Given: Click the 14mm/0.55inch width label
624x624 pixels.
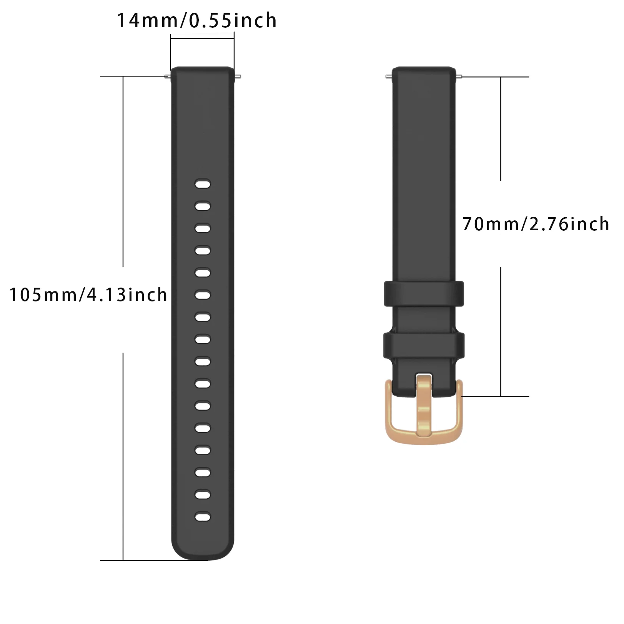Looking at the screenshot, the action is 196,21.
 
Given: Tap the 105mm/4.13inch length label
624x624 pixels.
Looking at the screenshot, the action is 88,295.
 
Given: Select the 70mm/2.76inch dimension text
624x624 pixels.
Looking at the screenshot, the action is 536,224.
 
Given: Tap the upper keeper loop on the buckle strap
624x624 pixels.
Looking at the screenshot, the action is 424,294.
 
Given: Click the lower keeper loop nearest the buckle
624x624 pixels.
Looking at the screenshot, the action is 424,345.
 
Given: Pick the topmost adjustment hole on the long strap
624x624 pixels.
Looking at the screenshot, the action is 203,184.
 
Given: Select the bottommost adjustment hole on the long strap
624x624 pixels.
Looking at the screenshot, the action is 203,517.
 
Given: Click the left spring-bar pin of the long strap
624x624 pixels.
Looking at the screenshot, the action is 168,76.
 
